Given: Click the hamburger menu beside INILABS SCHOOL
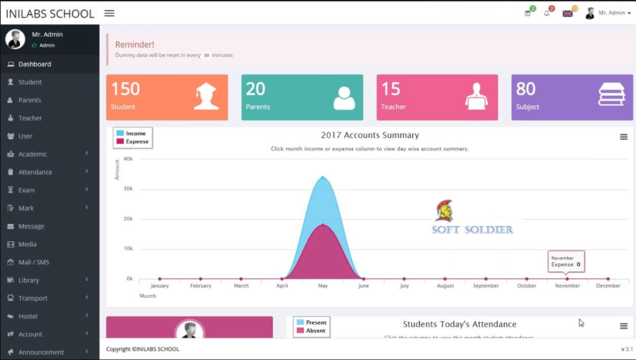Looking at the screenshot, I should (x=109, y=14).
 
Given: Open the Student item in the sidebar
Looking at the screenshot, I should (x=30, y=82).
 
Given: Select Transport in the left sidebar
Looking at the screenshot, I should (x=32, y=298).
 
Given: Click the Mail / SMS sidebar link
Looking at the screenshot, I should (x=34, y=262).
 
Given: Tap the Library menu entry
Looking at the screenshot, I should (x=28, y=280).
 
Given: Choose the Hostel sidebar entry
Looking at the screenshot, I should (x=28, y=317).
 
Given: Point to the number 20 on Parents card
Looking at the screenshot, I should (x=256, y=89).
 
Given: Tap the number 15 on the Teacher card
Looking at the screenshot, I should (x=390, y=89).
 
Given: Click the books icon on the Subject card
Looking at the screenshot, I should (x=611, y=95).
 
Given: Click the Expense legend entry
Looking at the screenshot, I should (x=137, y=141).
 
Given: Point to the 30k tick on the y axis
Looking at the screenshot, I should (x=129, y=189).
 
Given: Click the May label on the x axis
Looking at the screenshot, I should (x=323, y=286).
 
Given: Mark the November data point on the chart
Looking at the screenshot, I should (x=567, y=279).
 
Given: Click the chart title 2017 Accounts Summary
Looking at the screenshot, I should (x=369, y=135).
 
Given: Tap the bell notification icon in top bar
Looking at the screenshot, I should (x=547, y=14).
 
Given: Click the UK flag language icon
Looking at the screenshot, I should (x=567, y=14).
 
